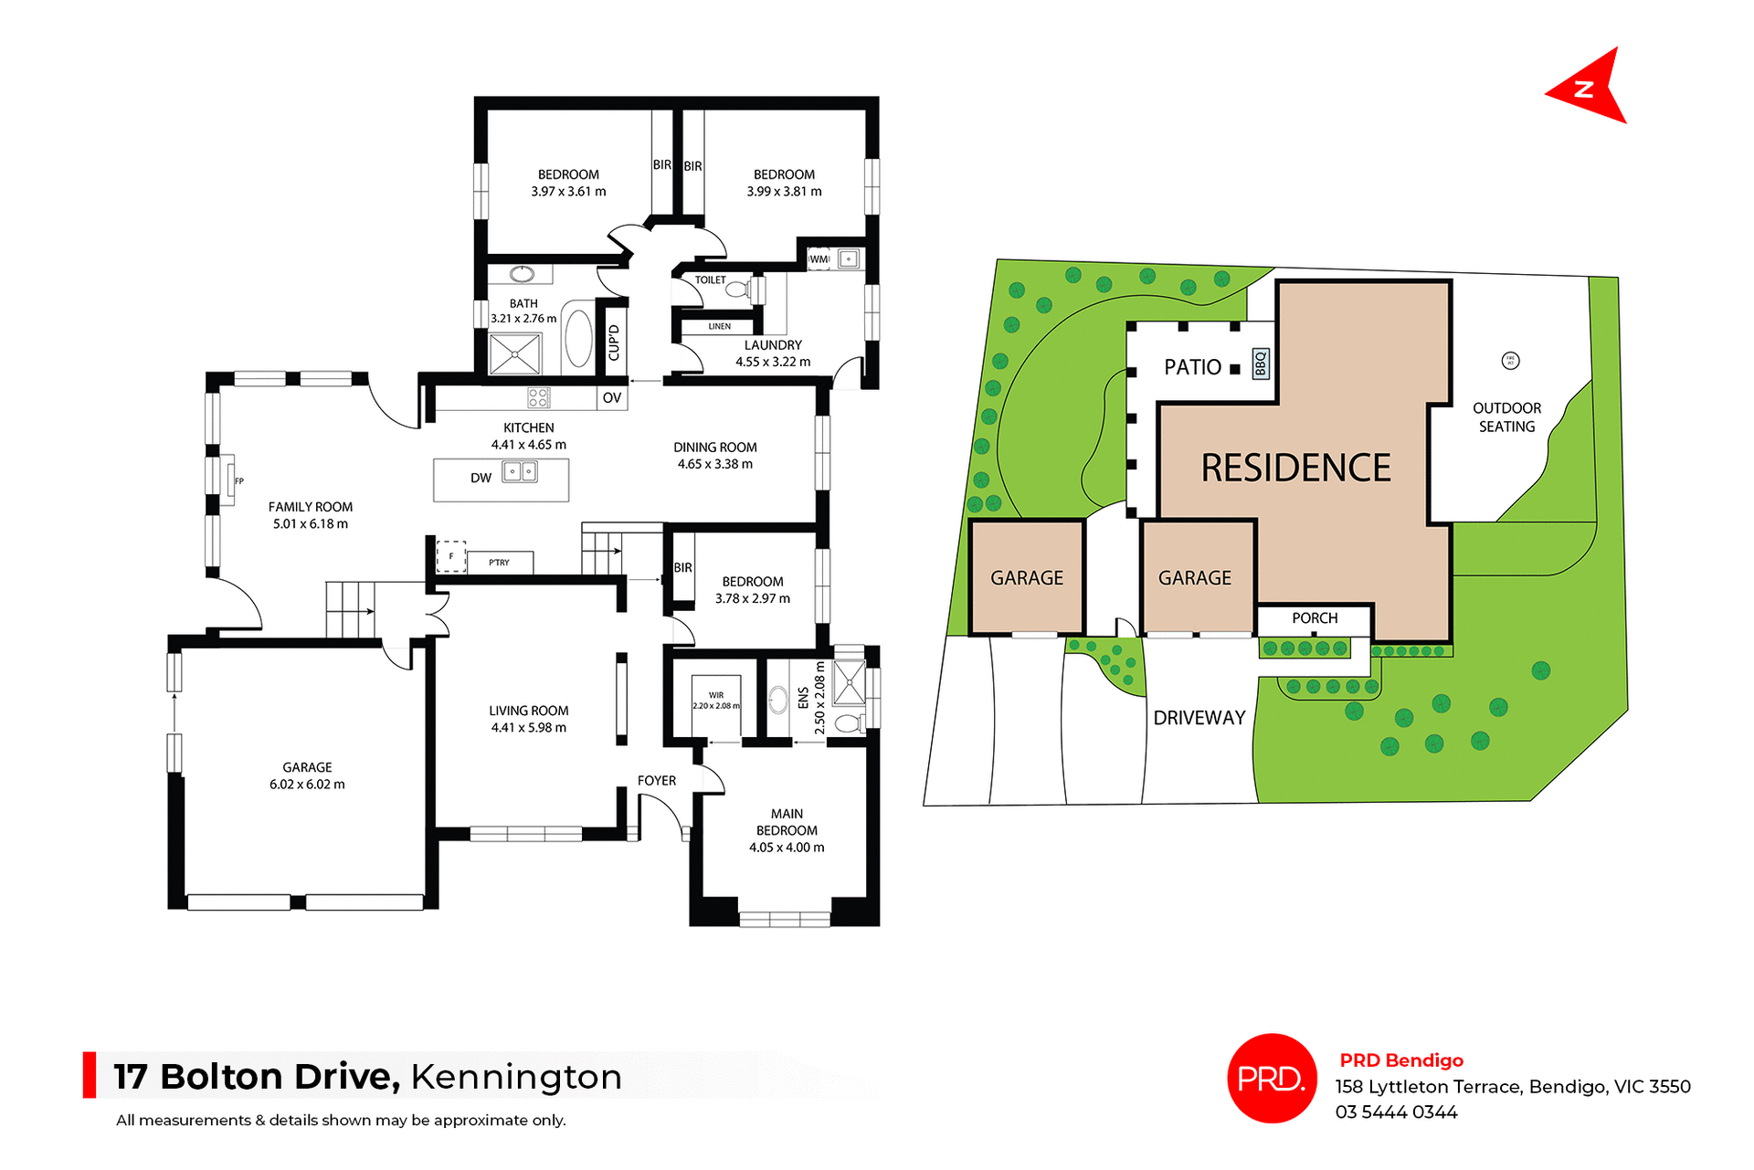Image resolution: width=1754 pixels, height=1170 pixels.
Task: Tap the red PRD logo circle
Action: tap(1271, 1078)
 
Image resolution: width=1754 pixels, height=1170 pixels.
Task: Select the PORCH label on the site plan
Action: tap(1315, 618)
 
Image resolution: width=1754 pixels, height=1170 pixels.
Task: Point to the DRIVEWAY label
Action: tap(1199, 718)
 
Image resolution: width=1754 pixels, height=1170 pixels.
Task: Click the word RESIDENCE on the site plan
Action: tap(1295, 468)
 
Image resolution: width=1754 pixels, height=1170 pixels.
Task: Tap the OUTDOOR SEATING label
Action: tap(1506, 417)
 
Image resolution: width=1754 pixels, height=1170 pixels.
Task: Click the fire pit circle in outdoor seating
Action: tap(1510, 361)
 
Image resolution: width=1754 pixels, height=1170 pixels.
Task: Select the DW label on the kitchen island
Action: tap(481, 478)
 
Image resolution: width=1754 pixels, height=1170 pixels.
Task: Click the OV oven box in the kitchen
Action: tap(612, 397)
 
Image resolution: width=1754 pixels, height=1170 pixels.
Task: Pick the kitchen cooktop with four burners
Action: tap(538, 397)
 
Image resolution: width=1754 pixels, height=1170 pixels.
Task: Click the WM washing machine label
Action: tap(819, 259)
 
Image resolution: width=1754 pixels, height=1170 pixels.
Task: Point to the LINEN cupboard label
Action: tap(720, 326)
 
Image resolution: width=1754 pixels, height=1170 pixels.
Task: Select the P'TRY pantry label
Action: tap(499, 563)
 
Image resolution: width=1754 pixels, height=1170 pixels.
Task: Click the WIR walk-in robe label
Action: tap(716, 695)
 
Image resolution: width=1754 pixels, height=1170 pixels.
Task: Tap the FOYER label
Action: tap(657, 781)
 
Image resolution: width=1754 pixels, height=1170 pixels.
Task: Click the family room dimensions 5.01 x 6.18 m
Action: tap(310, 524)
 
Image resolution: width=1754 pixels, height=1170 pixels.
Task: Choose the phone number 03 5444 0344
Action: tap(1396, 1112)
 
